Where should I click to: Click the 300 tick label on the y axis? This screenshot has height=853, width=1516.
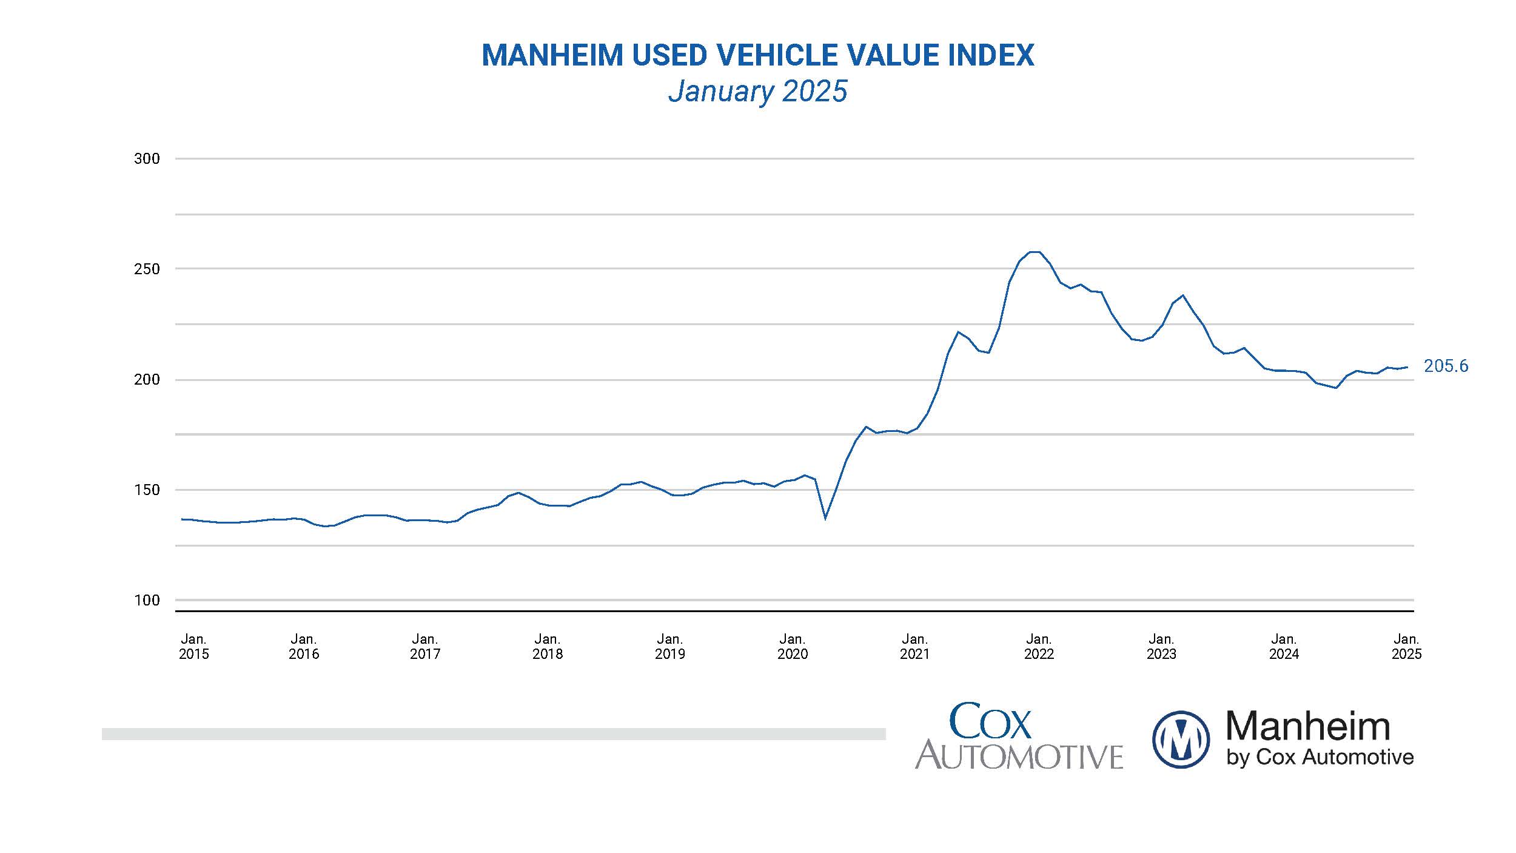click(x=147, y=159)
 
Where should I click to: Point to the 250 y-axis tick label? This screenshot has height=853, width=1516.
click(x=147, y=269)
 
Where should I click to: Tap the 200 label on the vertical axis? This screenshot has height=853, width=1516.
click(x=147, y=380)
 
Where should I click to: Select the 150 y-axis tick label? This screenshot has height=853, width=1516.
click(x=147, y=490)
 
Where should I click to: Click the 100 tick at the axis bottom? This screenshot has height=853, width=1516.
click(x=147, y=601)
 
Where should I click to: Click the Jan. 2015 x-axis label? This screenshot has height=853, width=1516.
click(x=193, y=647)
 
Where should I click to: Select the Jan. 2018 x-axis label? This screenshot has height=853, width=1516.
click(x=547, y=647)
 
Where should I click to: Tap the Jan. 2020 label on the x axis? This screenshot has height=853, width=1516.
click(x=792, y=647)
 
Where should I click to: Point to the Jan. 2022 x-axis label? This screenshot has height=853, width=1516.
click(x=1039, y=647)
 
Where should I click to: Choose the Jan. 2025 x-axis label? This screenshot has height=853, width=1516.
click(x=1406, y=647)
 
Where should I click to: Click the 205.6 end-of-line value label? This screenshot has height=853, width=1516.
click(x=1446, y=366)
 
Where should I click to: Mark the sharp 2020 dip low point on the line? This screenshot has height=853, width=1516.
click(x=825, y=519)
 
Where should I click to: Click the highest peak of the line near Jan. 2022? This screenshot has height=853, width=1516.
click(x=1035, y=252)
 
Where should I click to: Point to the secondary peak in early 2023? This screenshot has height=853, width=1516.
click(x=1183, y=295)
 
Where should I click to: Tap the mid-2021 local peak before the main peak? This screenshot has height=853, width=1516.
click(x=958, y=332)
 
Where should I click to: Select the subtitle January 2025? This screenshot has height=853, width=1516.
click(x=757, y=92)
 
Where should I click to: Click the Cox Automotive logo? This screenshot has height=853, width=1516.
click(x=1019, y=737)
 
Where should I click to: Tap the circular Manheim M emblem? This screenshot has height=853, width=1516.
click(x=1180, y=740)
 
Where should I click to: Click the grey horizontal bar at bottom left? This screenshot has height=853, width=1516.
click(x=494, y=734)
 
